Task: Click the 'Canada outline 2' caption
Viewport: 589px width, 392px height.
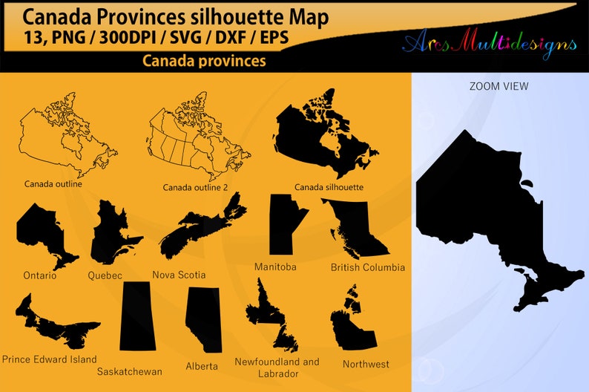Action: pyautogui.click(x=195, y=188)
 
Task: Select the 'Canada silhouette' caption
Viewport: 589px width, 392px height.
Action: pyautogui.click(x=329, y=187)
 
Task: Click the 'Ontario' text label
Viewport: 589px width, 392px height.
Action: pyautogui.click(x=39, y=275)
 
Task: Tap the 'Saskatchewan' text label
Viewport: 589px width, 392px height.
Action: pyautogui.click(x=129, y=371)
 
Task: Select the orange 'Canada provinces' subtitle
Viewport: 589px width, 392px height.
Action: pyautogui.click(x=204, y=61)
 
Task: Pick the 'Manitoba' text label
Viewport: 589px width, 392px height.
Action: pyautogui.click(x=275, y=266)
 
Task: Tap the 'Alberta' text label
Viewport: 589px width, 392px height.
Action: pyautogui.click(x=202, y=366)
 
